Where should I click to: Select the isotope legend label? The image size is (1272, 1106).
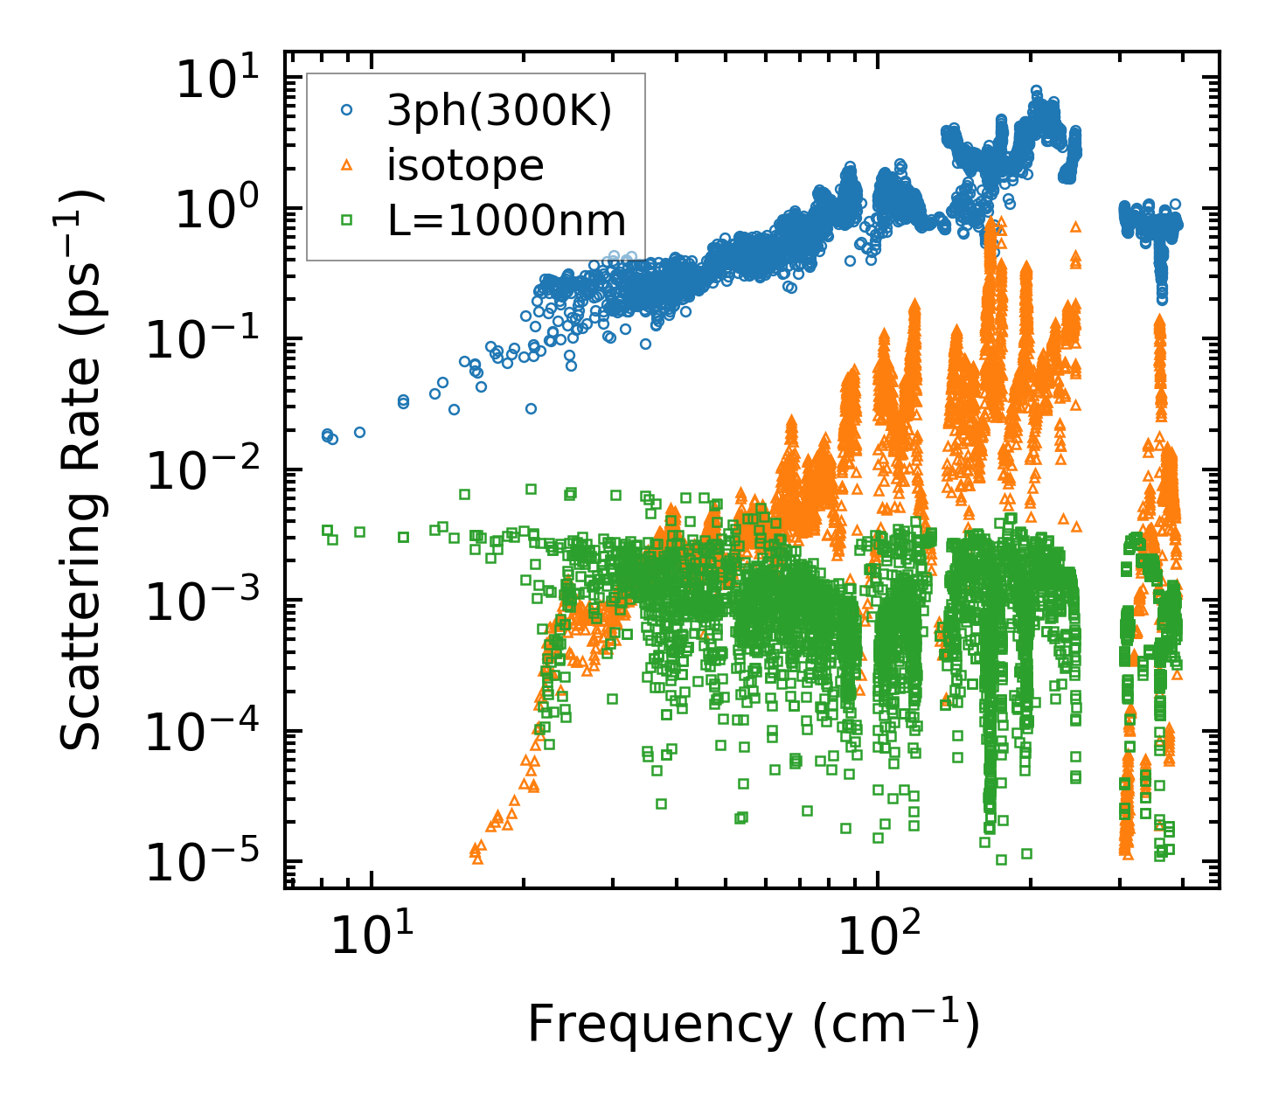[465, 165]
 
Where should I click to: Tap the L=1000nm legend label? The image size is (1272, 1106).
[507, 220]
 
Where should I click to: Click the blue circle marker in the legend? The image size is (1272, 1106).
[347, 110]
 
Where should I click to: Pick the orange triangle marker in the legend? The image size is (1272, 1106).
[347, 164]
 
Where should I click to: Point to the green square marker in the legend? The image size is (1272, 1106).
[347, 220]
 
